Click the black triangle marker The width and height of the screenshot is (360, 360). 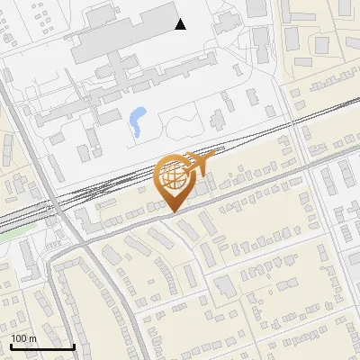coord(181,24)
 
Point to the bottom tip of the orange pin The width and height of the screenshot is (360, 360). coord(171,212)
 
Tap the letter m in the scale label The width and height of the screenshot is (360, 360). coord(32,338)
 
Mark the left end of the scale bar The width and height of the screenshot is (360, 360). coord(11,346)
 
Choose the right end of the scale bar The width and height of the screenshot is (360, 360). coord(74,346)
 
